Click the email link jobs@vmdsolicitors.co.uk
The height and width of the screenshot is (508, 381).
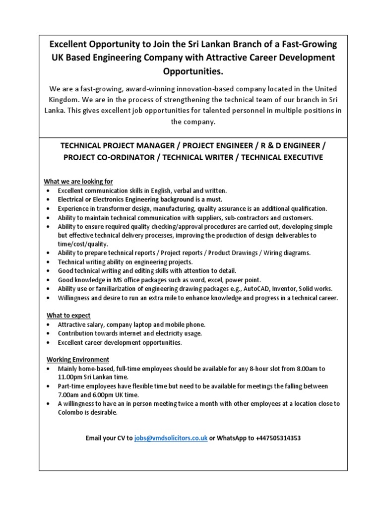pyautogui.click(x=171, y=439)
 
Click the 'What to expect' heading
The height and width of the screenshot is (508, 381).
pyautogui.click(x=69, y=316)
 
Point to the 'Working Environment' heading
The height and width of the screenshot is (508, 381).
pyautogui.click(x=78, y=359)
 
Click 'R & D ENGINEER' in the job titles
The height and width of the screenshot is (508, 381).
pyautogui.click(x=290, y=146)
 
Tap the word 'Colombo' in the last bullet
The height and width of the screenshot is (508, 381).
pyautogui.click(x=71, y=413)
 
